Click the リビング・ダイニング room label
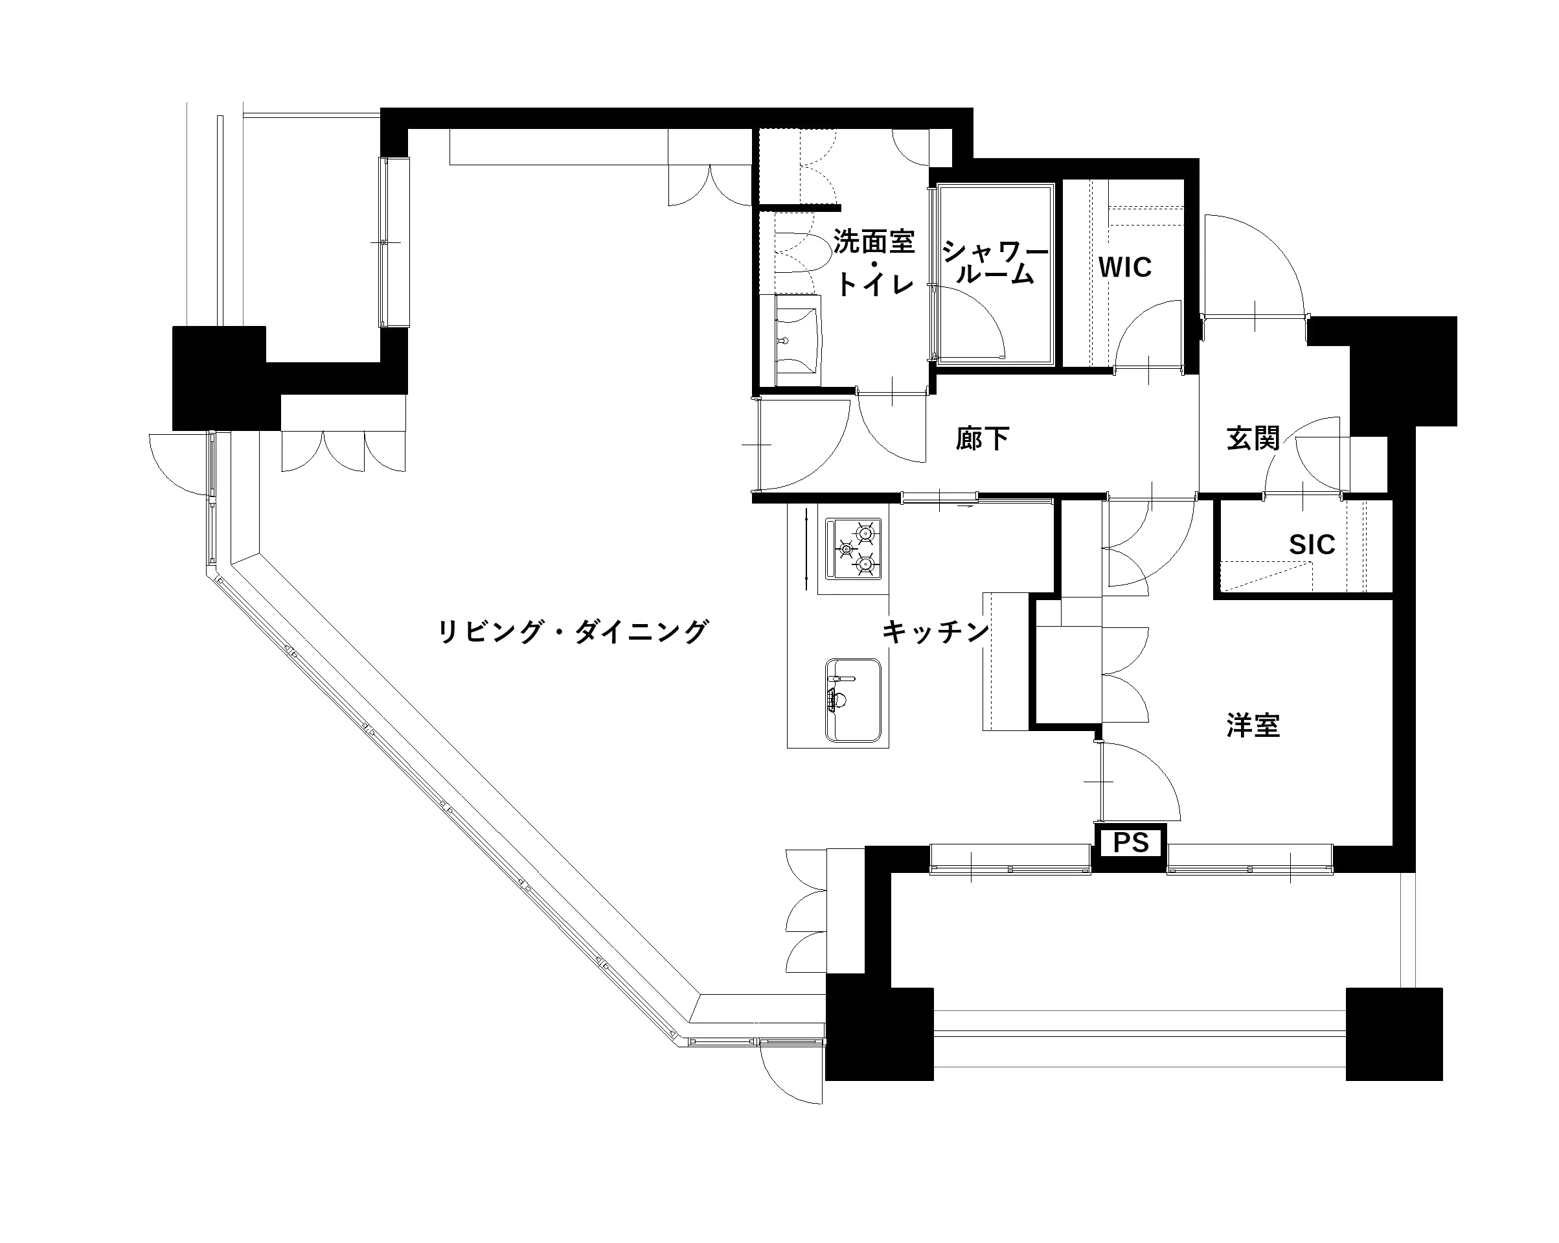coord(573,632)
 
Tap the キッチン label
coord(935,632)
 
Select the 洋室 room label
coord(1253,726)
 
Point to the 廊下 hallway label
coord(982,439)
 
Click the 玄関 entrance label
coord(1253,439)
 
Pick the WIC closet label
coord(1124,268)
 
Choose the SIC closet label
coord(1312,545)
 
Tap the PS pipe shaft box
coord(1131,843)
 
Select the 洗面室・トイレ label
coord(874,262)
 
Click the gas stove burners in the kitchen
coord(853,549)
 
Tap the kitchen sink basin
coord(853,701)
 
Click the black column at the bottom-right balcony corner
coord(1393,1034)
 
